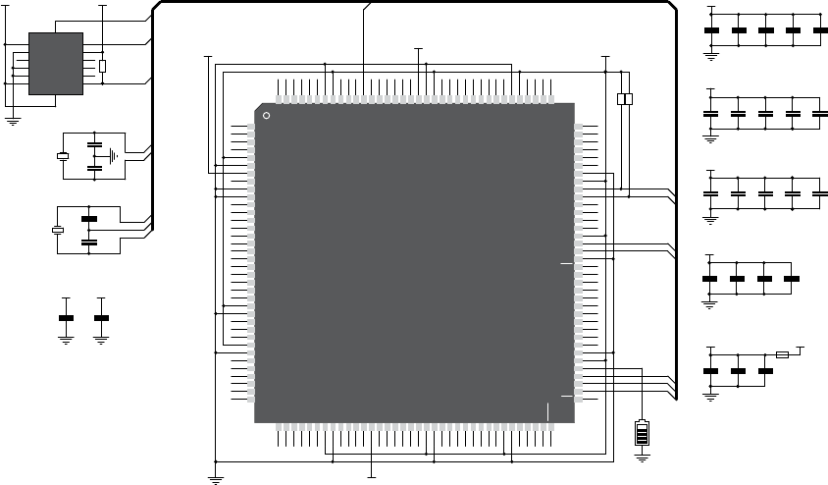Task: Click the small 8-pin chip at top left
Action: click(x=56, y=64)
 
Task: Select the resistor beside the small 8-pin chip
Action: click(x=102, y=67)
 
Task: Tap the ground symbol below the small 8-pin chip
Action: click(x=14, y=121)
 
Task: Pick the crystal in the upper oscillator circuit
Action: click(x=63, y=156)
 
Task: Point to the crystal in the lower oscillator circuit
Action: click(x=57, y=230)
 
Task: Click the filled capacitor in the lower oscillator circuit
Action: click(x=89, y=218)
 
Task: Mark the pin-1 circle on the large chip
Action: click(x=266, y=116)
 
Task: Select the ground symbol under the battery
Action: click(x=643, y=456)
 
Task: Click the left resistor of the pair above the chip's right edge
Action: click(x=620, y=99)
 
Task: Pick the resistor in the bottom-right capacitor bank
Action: click(x=782, y=353)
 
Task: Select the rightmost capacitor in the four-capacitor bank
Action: click(x=792, y=279)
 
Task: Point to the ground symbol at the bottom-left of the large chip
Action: click(x=216, y=478)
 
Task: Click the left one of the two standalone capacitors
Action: click(x=67, y=318)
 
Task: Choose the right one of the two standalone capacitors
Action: click(x=100, y=318)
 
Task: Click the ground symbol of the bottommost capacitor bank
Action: click(x=710, y=394)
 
